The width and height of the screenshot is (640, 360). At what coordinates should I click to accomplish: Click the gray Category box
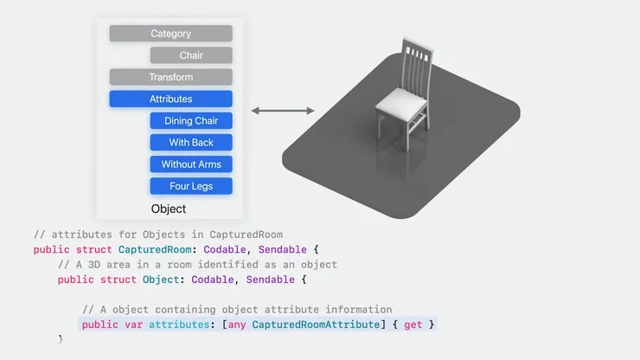170,34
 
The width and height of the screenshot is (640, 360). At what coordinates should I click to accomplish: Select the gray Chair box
191,55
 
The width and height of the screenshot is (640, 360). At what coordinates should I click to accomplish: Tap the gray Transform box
170,77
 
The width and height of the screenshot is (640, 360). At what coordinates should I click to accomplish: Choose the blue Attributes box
170,99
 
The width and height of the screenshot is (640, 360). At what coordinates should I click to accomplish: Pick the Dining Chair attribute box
191,121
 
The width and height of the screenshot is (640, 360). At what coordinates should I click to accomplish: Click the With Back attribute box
191,143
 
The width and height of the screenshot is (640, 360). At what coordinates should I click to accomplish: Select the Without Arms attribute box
191,164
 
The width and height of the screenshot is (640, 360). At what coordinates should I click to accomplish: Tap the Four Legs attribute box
191,186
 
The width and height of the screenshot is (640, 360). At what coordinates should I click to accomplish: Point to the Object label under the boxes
169,209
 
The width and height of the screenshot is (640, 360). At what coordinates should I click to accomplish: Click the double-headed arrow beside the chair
283,111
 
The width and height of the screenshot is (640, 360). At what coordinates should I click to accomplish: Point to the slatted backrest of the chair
418,65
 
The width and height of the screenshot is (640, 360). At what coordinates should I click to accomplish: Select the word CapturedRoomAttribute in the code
313,325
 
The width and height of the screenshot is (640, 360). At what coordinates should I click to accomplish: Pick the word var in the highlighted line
134,325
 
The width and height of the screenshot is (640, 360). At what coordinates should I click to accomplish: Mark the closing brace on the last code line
61,339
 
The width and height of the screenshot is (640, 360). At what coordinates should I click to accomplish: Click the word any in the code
237,325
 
